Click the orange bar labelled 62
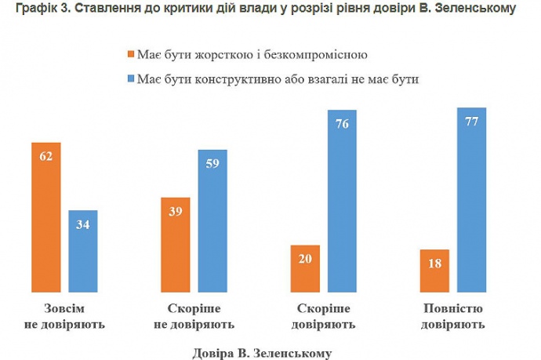(45, 216)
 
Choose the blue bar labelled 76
(342, 199)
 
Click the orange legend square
(130, 56)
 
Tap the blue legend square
(130, 79)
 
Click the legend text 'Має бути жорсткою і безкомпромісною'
(252, 56)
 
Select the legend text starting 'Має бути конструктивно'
(278, 79)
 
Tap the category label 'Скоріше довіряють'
(323, 315)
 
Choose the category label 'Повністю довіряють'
(452, 315)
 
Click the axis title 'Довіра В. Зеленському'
(262, 352)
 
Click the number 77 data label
(470, 122)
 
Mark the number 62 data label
(45, 156)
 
